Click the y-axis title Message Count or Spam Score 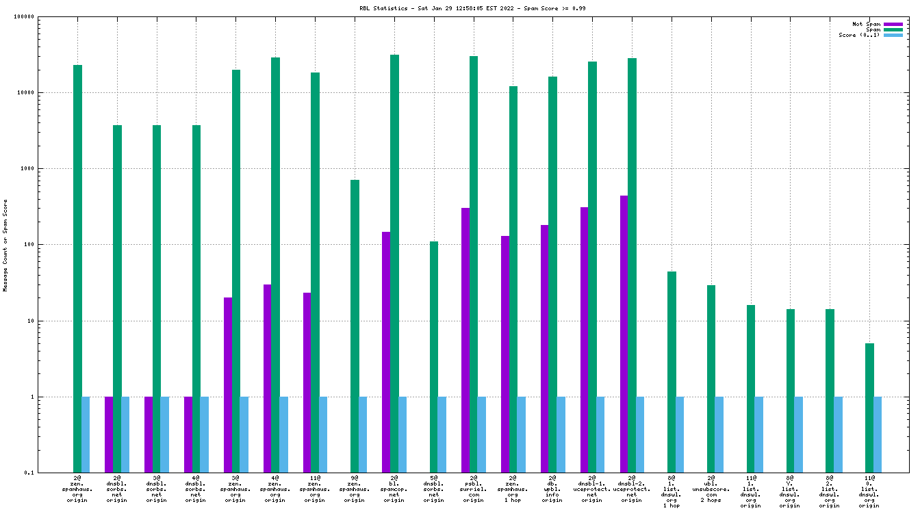pyautogui.click(x=5, y=245)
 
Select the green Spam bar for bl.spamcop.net pyautogui.click(x=394, y=263)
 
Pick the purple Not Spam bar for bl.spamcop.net pyautogui.click(x=386, y=352)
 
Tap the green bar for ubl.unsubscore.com pyautogui.click(x=711, y=379)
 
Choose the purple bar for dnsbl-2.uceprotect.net pyautogui.click(x=624, y=334)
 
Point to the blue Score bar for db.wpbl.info pyautogui.click(x=561, y=434)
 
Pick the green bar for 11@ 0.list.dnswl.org pyautogui.click(x=869, y=408)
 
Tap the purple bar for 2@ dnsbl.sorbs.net pyautogui.click(x=109, y=434)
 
